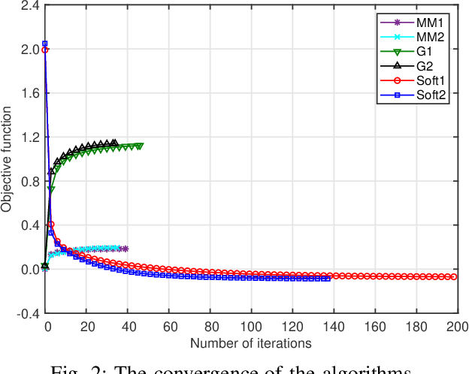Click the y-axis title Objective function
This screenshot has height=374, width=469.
point(7,160)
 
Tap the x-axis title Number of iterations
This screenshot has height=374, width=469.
point(250,343)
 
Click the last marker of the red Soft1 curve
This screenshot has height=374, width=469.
point(453,277)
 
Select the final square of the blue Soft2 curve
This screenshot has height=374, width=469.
point(328,279)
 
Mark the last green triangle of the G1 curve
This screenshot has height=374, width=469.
point(140,146)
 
